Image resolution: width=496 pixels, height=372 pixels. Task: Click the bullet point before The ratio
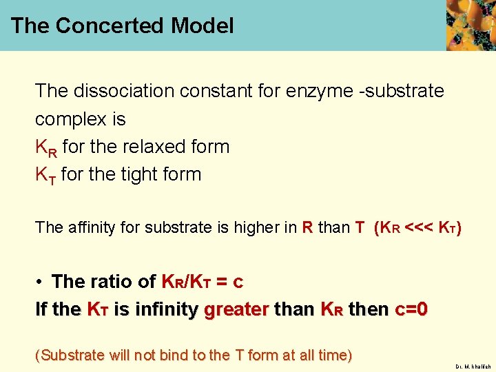tap(41, 281)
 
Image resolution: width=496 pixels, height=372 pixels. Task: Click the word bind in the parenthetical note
tap(173, 355)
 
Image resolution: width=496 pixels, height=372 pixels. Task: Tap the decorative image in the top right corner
tap(471, 25)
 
